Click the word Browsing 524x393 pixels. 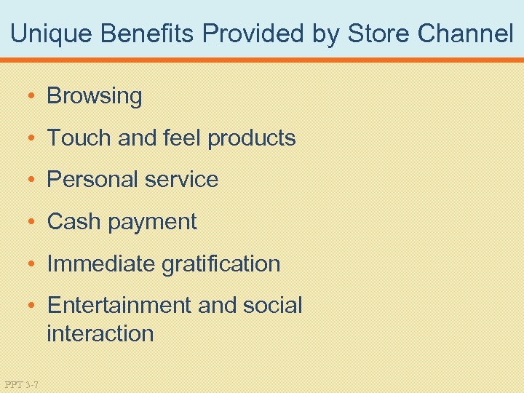tap(95, 96)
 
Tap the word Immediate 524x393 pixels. tap(100, 263)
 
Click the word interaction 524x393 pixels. tap(100, 334)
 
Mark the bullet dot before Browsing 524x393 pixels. tap(33, 96)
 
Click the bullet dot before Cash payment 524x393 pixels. tap(33, 222)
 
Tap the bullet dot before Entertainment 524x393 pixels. tap(33, 306)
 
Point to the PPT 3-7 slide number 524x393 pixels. tap(22, 384)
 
